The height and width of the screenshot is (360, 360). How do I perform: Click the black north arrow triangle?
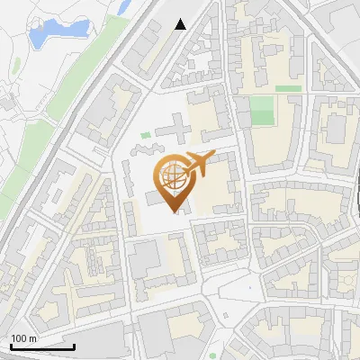(x=181, y=23)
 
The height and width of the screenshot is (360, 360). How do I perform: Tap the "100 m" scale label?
(x=23, y=337)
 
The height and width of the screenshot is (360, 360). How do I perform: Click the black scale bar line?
(x=42, y=346)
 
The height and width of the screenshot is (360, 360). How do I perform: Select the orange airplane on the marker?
(x=199, y=163)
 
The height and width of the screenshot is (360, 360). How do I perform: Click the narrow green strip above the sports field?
(x=288, y=88)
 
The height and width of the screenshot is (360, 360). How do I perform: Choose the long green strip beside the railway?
(x=76, y=85)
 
